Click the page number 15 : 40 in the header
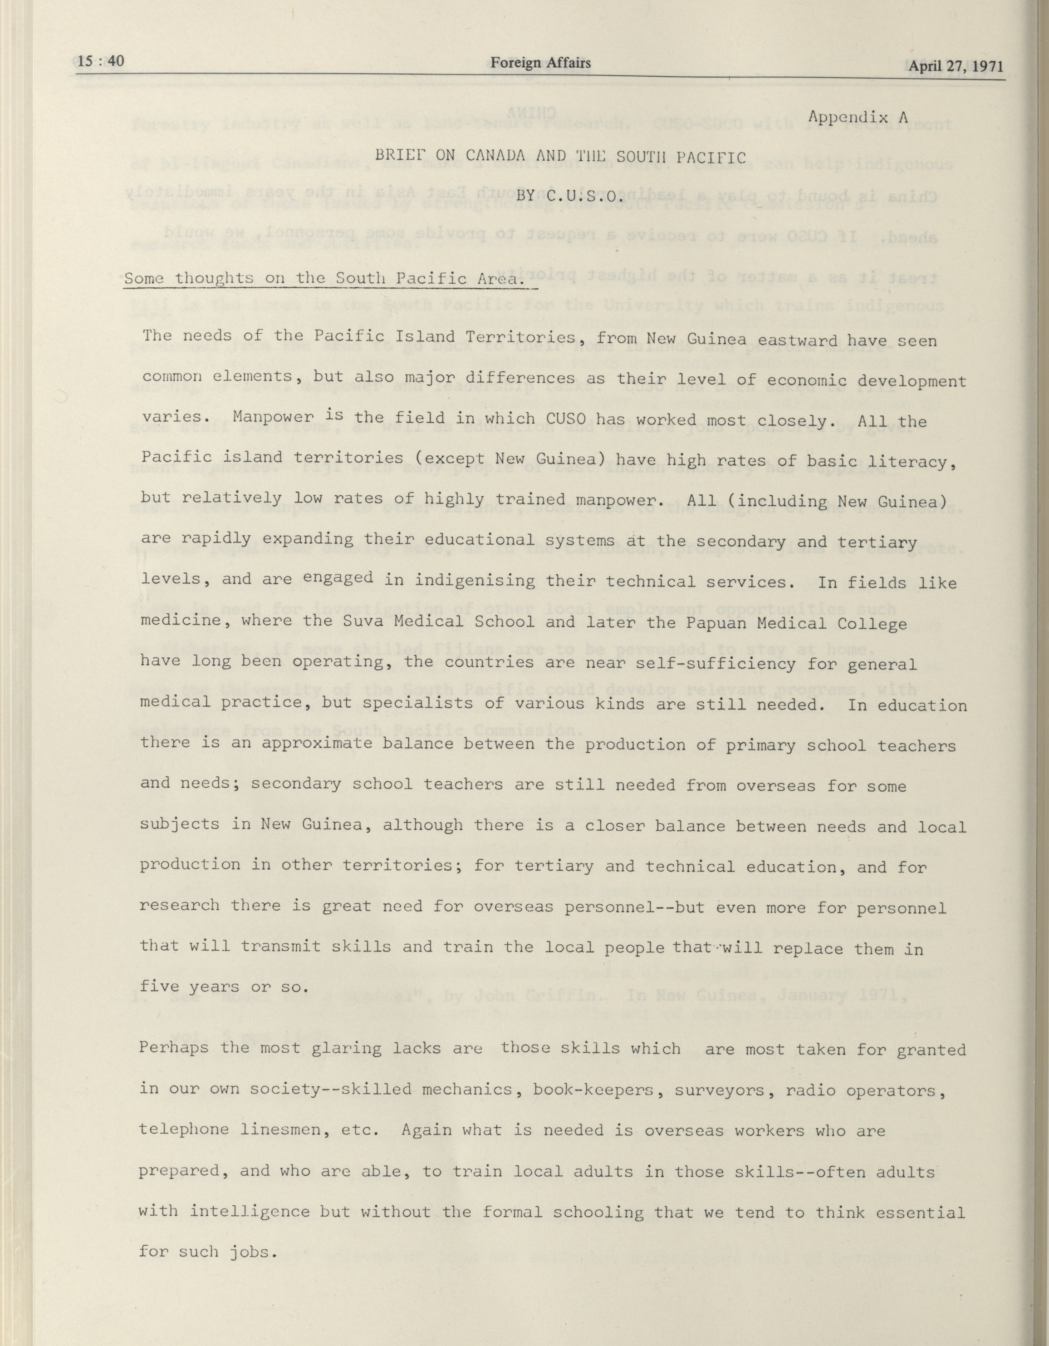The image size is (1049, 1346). point(102,61)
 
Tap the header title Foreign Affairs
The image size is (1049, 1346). point(540,62)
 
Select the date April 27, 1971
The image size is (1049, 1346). point(956,66)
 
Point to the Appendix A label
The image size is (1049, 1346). point(858,117)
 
